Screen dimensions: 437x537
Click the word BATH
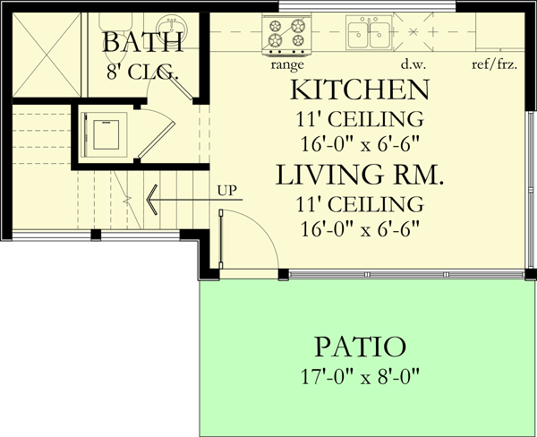pyautogui.click(x=143, y=41)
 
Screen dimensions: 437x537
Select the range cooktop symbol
pyautogui.click(x=286, y=35)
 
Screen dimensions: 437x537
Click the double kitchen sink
pyautogui.click(x=368, y=35)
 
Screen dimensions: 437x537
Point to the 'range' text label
pyautogui.click(x=286, y=64)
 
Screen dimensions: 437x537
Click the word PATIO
pyautogui.click(x=360, y=347)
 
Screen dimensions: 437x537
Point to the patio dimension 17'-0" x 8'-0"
pyautogui.click(x=360, y=376)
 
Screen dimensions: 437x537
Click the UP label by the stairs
pyautogui.click(x=226, y=191)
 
